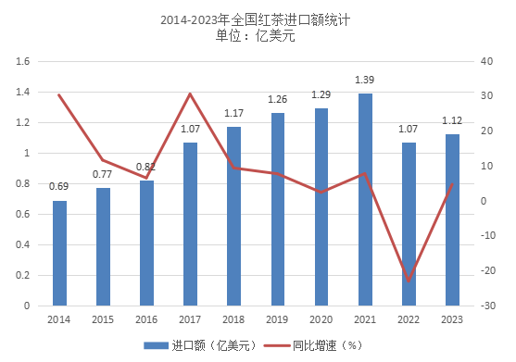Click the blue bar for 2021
click(365, 199)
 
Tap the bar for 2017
click(190, 223)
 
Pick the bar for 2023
click(452, 219)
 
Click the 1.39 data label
click(365, 81)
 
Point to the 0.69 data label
click(59, 187)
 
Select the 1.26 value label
click(278, 100)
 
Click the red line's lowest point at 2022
click(409, 280)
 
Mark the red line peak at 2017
click(190, 94)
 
